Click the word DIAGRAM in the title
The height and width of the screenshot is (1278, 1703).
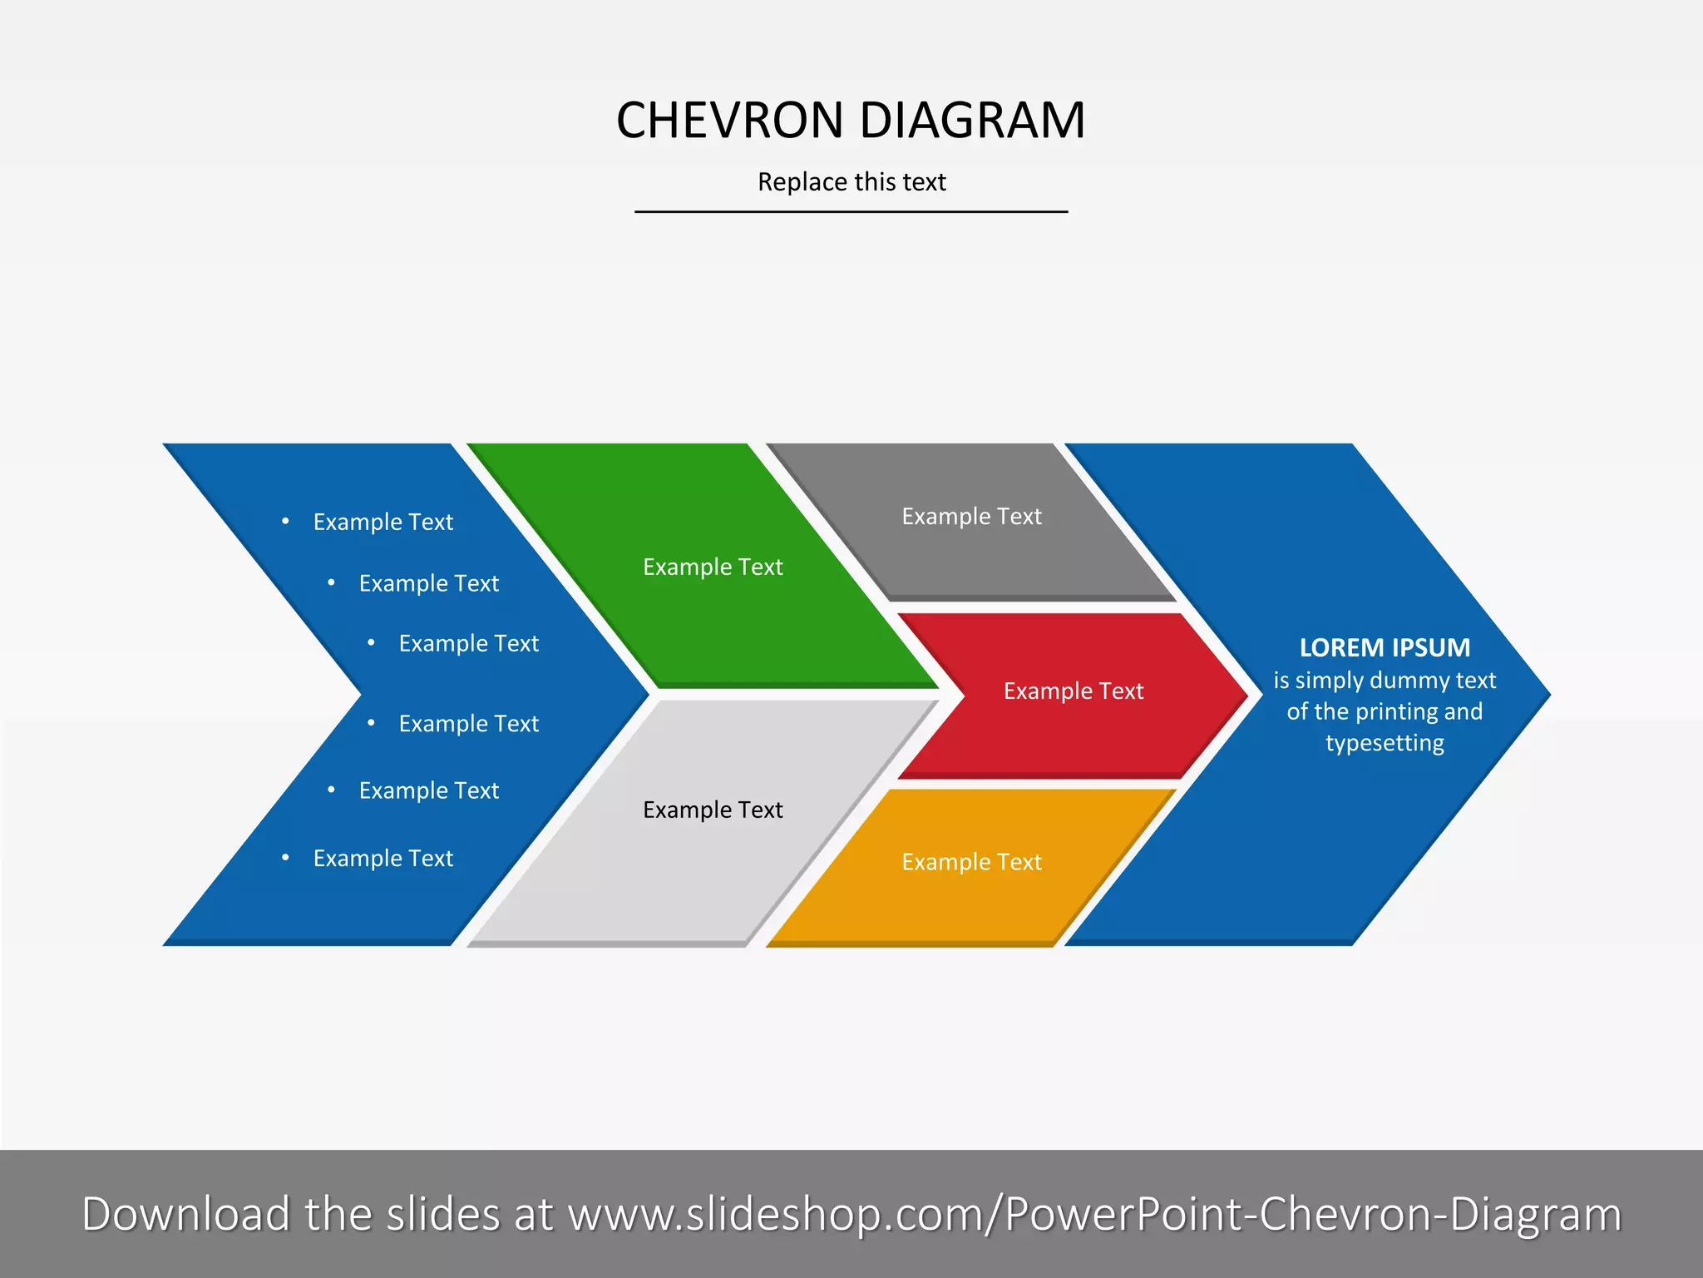coord(972,121)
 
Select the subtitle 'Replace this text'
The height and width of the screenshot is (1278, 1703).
coord(851,182)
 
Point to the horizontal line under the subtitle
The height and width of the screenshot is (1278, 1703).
coord(851,212)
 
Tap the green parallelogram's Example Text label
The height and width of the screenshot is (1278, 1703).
coord(713,567)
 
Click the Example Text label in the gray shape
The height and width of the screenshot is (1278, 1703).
coord(971,517)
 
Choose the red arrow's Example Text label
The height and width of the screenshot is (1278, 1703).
coord(1074,691)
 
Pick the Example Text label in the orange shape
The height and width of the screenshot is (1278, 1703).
coord(971,862)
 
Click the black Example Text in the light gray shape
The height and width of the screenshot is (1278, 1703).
coord(713,810)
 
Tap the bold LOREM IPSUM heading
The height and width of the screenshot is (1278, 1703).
coord(1385,647)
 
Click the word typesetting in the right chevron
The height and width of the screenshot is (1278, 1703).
coord(1385,743)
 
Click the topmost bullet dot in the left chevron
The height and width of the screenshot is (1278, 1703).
coord(285,522)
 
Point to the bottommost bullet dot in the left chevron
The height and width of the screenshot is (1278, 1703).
coord(285,858)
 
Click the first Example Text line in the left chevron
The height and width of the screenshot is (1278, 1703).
coord(383,523)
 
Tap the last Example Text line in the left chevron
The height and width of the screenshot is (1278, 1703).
coord(383,859)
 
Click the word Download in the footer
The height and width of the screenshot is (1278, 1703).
coord(185,1214)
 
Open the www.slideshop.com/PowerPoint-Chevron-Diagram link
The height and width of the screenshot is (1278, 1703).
coord(1094,1214)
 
